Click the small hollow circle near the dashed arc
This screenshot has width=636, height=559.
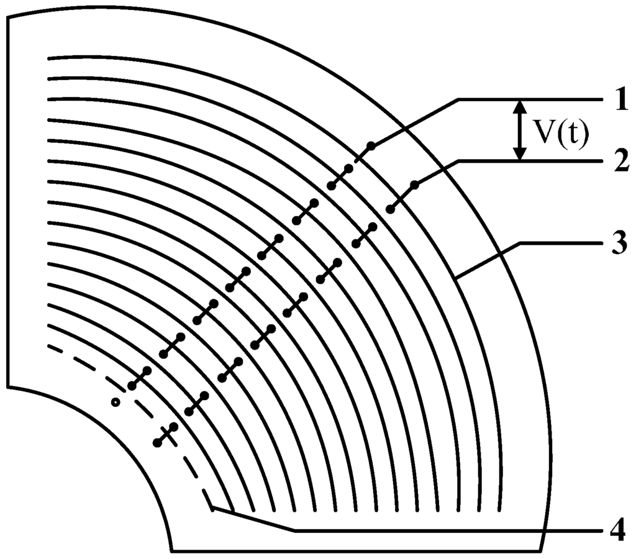click(115, 402)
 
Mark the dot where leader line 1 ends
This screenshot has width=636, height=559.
click(371, 146)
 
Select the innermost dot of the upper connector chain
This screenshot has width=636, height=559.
click(132, 387)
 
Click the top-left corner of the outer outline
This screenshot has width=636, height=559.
click(7, 17)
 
